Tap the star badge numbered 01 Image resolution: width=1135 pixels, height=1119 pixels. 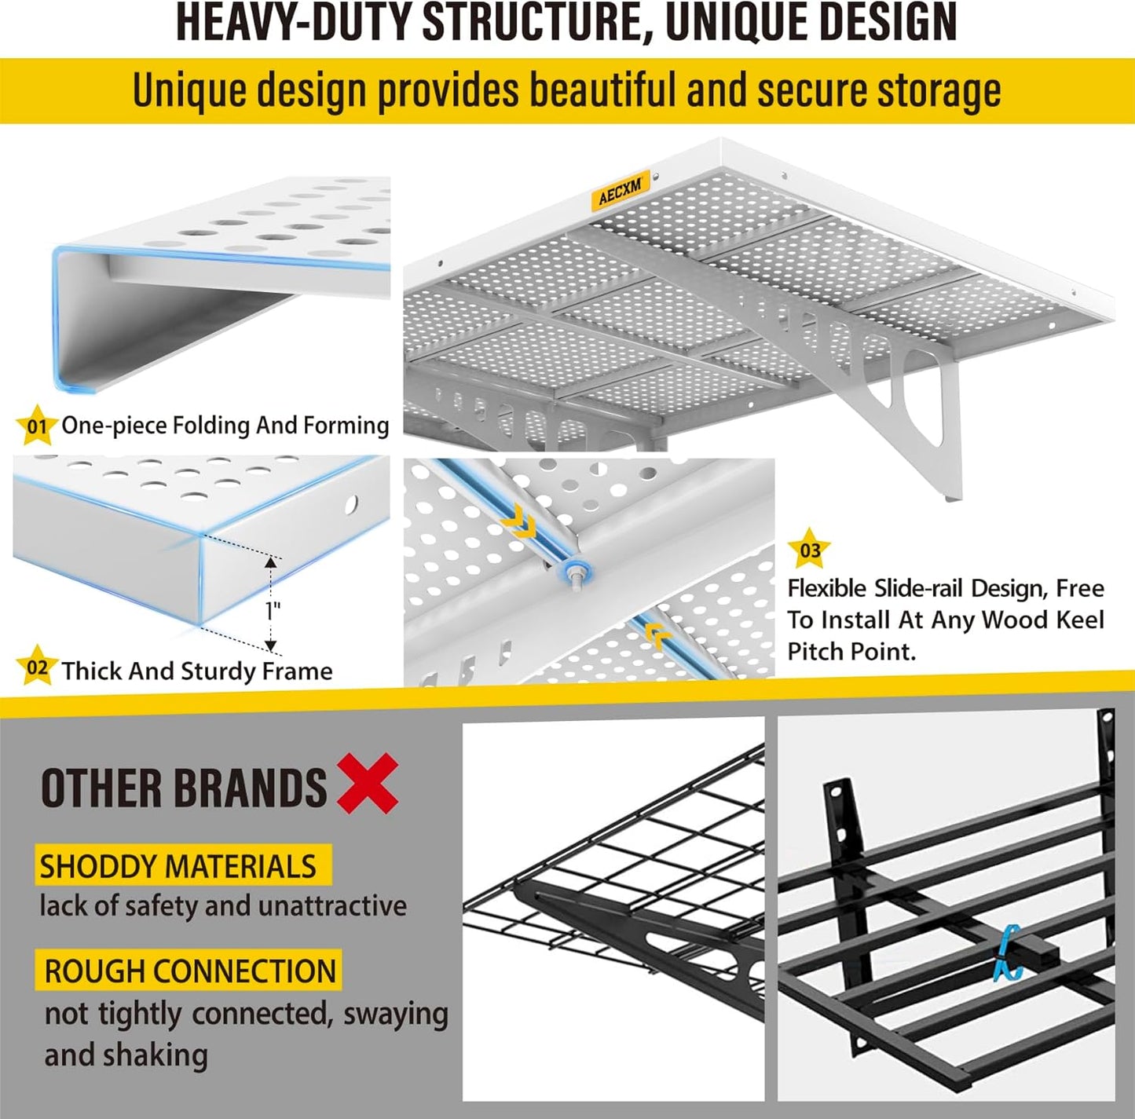pyautogui.click(x=36, y=426)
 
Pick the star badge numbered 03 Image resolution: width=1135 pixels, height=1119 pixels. pyautogui.click(x=809, y=550)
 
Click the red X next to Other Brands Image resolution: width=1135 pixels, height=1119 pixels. pyautogui.click(x=368, y=784)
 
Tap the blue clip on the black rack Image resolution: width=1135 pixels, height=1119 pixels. pyautogui.click(x=1007, y=953)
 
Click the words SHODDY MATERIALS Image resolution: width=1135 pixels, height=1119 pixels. pyautogui.click(x=178, y=866)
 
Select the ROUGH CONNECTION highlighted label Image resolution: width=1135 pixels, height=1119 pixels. pyautogui.click(x=189, y=971)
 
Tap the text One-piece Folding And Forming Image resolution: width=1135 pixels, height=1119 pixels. pyautogui.click(x=225, y=426)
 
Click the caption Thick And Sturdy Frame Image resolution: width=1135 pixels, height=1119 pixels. pyautogui.click(x=197, y=671)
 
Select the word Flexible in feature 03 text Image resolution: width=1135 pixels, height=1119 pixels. pyautogui.click(x=827, y=588)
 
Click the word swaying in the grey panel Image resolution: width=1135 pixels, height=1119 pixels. pyautogui.click(x=395, y=1014)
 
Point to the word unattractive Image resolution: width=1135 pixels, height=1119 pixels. pyautogui.click(x=331, y=906)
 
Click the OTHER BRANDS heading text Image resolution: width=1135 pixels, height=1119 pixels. pyautogui.click(x=184, y=788)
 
